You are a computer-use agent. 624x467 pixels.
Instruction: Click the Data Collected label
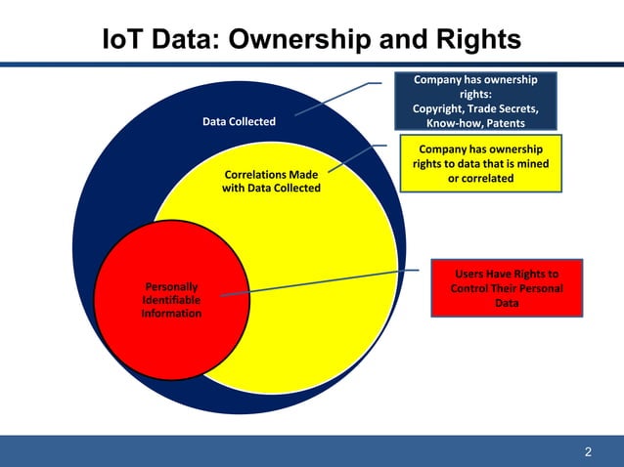[x=239, y=122]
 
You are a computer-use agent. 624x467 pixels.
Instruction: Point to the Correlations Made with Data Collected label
[x=271, y=181]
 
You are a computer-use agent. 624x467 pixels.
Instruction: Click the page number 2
[x=588, y=451]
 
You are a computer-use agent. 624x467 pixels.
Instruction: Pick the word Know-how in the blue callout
[x=447, y=124]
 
